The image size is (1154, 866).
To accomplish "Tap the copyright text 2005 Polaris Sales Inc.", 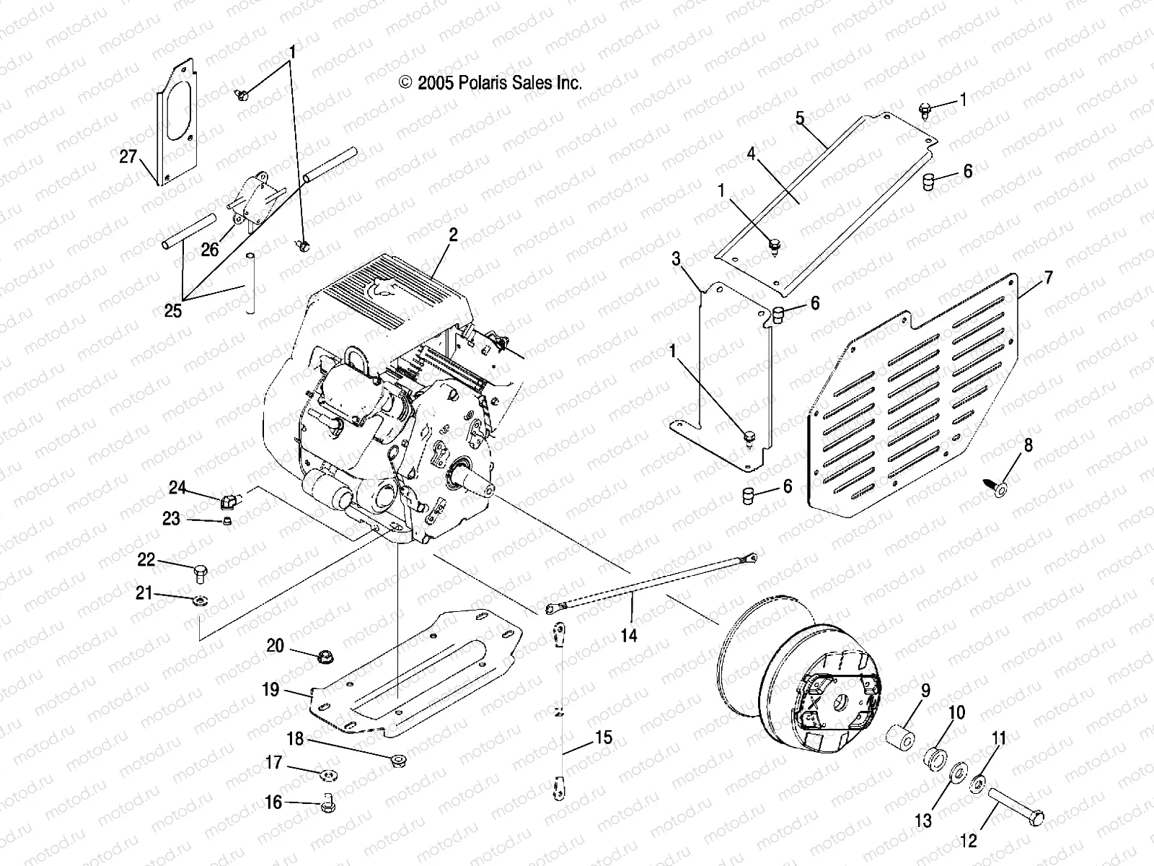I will (x=490, y=83).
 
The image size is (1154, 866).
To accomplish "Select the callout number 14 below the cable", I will (x=629, y=635).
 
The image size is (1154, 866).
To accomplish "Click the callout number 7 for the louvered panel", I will (x=1048, y=276).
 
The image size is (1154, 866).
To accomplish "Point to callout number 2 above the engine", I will (x=452, y=235).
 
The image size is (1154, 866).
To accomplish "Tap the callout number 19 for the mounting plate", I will (x=270, y=690).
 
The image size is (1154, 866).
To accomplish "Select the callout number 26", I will (x=209, y=250).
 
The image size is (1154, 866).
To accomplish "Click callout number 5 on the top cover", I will (x=800, y=118).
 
